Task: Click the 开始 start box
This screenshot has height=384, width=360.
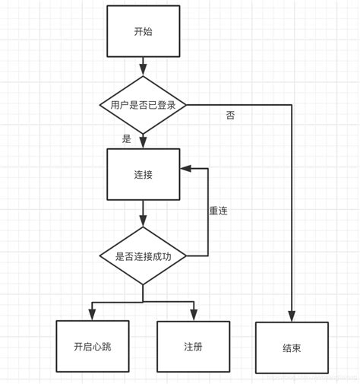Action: pyautogui.click(x=142, y=32)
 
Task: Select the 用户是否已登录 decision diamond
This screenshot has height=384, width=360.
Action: pyautogui.click(x=142, y=105)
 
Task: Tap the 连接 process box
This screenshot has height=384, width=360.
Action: pyautogui.click(x=142, y=174)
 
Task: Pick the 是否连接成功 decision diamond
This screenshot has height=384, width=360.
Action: pyautogui.click(x=142, y=256)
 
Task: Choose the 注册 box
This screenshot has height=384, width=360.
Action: pyautogui.click(x=192, y=346)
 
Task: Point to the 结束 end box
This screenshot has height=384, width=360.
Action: pyautogui.click(x=292, y=348)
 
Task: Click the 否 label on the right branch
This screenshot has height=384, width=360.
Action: pyautogui.click(x=230, y=116)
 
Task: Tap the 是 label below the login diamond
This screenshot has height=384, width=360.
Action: pyautogui.click(x=126, y=138)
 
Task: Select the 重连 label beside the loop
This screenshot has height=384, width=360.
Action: pyautogui.click(x=218, y=211)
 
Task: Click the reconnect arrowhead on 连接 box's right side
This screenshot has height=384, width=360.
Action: pyautogui.click(x=184, y=169)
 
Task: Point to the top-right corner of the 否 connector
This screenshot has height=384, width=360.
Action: pyautogui.click(x=292, y=105)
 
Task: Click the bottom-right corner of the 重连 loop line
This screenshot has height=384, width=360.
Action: pyautogui.click(x=208, y=256)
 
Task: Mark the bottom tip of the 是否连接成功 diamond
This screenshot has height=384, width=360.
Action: pyautogui.click(x=142, y=285)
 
